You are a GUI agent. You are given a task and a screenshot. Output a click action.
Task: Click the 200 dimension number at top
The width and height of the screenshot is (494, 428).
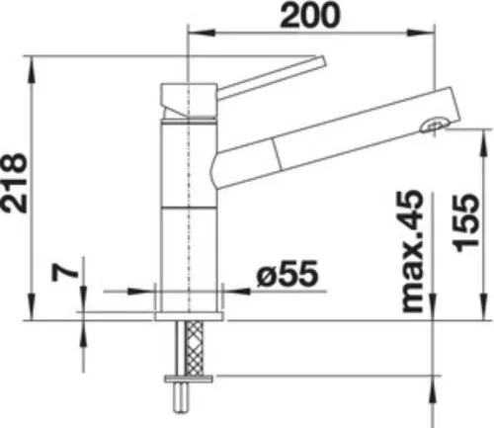tap(309, 15)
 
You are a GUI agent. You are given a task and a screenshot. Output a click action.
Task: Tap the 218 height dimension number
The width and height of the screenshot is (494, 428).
tap(14, 183)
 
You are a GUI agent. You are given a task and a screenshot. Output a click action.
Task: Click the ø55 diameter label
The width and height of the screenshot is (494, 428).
tap(288, 273)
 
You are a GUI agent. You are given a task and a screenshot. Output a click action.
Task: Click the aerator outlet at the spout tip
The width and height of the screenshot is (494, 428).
tap(435, 126)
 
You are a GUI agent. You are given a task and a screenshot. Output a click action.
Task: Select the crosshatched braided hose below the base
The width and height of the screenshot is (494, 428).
tap(195, 348)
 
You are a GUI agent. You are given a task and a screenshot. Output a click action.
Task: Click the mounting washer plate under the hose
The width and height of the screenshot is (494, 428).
tap(189, 379)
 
